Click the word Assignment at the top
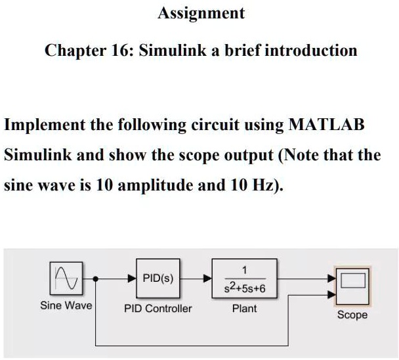pos(201,14)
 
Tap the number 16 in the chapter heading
pos(119,50)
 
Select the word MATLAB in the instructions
pos(326,125)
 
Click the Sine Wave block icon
pos(66,279)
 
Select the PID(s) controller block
pos(157,279)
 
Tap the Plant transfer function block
pos(245,279)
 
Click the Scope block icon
pos(352,286)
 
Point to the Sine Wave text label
pos(66,305)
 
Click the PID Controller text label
pos(157,309)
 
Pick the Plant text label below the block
pos(245,309)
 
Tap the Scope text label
pos(352,315)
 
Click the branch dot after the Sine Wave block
pos(95,279)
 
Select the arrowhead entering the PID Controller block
pos(132,279)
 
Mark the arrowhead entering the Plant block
pos(207,279)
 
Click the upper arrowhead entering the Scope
pos(332,279)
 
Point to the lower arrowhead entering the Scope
pos(332,295)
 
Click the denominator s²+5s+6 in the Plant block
pos(245,288)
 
